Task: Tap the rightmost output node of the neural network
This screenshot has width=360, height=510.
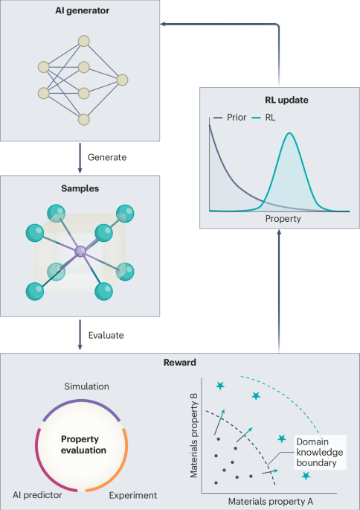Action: pos(123,80)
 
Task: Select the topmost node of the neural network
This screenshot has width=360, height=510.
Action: pos(84,41)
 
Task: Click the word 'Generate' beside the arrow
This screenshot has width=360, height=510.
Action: pos(107,157)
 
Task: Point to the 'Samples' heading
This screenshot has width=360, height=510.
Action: pos(80,188)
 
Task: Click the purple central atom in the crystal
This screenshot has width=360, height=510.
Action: pos(80,251)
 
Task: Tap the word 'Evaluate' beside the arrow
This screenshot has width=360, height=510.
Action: pos(106,335)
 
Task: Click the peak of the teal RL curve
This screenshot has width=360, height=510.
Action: pos(289,133)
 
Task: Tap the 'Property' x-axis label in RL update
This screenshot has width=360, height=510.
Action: pos(283,219)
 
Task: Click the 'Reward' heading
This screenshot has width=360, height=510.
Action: pos(180,363)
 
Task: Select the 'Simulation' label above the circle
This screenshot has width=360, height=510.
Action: pos(86,386)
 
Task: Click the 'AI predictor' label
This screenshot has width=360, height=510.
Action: pos(37,495)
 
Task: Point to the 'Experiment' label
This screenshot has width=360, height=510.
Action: pos(133,495)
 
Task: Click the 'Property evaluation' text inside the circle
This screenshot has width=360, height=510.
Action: pos(83,444)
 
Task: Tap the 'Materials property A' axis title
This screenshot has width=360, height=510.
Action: pos(271,501)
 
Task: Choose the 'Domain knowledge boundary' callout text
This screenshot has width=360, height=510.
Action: pos(320,453)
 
